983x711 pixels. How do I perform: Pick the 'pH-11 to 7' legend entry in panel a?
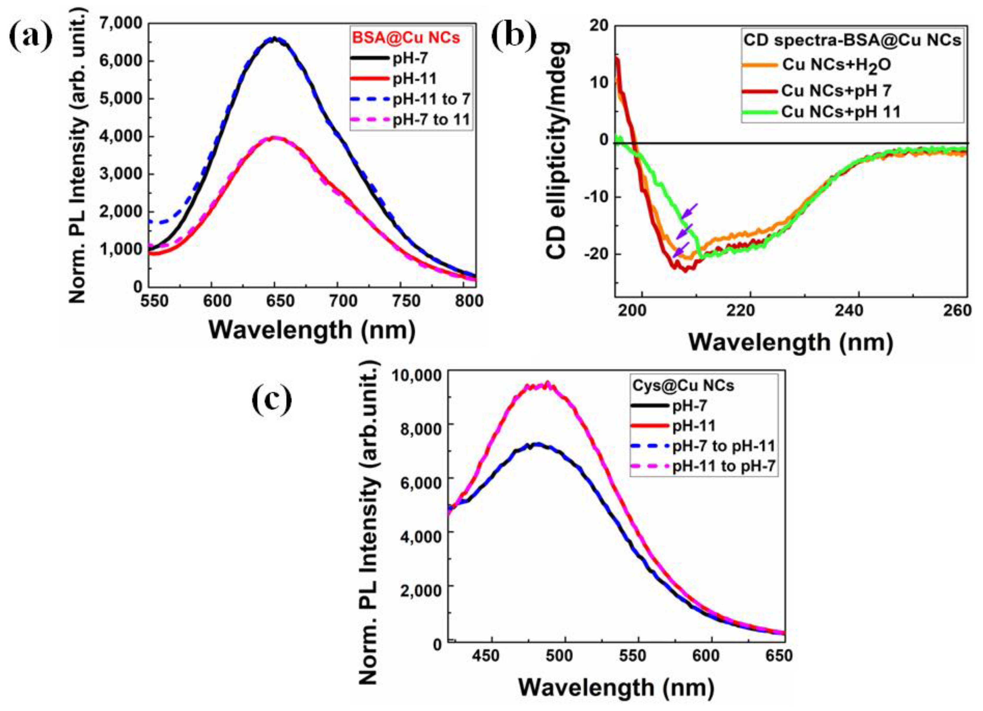click(x=431, y=99)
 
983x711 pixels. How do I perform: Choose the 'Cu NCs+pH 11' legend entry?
click(x=841, y=112)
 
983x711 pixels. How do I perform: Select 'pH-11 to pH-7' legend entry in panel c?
click(x=723, y=467)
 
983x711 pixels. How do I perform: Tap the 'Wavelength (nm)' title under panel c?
click(x=616, y=687)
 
